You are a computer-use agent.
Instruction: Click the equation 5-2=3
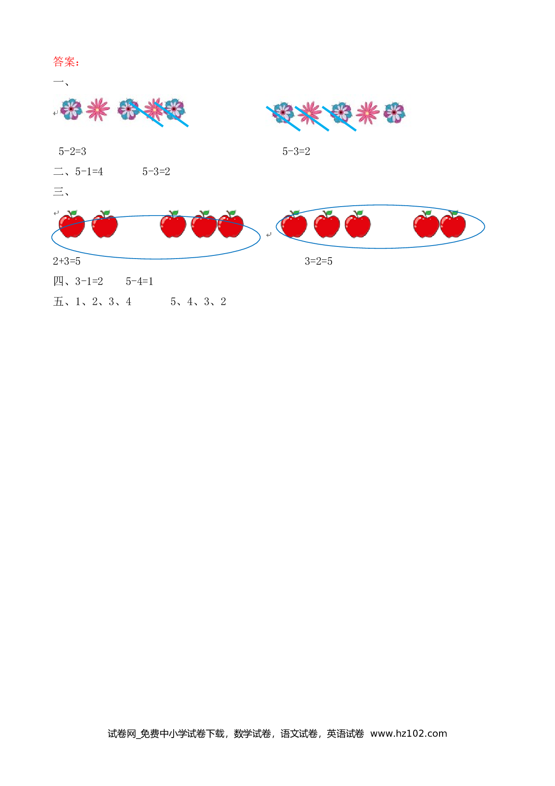(73, 151)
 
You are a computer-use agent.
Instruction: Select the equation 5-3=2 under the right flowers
(296, 151)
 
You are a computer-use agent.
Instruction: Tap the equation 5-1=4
(89, 172)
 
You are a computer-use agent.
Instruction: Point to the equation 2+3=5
(67, 261)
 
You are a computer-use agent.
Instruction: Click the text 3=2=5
(319, 261)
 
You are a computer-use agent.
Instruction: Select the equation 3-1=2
(89, 281)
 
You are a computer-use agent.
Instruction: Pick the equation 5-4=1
(140, 281)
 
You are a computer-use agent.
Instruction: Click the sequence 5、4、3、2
(198, 302)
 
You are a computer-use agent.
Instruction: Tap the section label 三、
(61, 192)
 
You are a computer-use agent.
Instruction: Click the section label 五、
(61, 302)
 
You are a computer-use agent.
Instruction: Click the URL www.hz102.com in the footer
(409, 734)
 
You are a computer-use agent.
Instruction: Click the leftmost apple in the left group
(72, 224)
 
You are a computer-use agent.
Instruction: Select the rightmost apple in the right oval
(453, 224)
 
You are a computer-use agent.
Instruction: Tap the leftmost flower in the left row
(72, 109)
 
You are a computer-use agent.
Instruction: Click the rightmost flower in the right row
(394, 112)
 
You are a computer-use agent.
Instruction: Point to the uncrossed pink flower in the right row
(367, 112)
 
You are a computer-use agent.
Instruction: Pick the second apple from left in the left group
(105, 224)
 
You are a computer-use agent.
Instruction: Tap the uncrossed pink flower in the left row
(98, 109)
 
